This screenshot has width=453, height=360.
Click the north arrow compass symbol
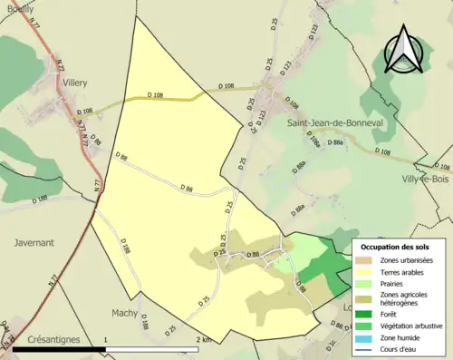pos(405,49)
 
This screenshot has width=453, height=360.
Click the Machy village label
pos(124,313)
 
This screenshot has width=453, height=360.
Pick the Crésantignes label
pos(53,338)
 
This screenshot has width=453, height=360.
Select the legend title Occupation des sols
pos(397,246)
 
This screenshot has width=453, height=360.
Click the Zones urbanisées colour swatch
pos(370,260)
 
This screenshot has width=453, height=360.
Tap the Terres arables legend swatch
pos(370,271)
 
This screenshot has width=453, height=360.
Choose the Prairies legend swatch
pos(370,283)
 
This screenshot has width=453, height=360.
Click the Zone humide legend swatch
pos(370,336)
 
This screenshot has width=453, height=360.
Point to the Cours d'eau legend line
pos(370,347)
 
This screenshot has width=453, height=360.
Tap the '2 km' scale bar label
pos(205,339)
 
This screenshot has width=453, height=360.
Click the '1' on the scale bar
pos(106,339)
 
